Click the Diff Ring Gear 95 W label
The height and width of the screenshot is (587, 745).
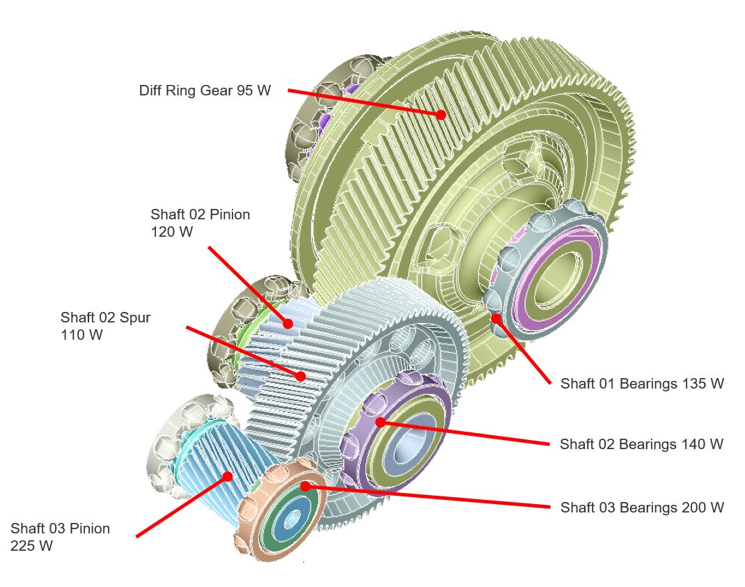coord(205,91)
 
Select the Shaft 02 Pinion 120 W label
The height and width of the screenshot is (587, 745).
coord(200,223)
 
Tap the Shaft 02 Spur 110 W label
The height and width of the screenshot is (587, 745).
coord(105,326)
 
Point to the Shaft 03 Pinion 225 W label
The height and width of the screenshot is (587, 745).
coord(60,537)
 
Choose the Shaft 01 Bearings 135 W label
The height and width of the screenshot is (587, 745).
coord(642,384)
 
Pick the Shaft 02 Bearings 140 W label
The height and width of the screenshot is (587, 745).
coord(641,444)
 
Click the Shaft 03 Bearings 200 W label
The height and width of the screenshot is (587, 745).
coord(642,508)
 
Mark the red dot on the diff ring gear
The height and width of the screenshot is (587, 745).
coord(441,114)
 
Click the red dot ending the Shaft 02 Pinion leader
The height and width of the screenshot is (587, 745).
coord(287,323)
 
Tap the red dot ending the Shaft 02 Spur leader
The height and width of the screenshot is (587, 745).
coord(301,376)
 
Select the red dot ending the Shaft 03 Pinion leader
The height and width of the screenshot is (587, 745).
coord(227,476)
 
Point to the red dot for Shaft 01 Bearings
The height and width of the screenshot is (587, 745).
coord(496,318)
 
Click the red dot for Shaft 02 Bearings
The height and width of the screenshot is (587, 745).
coord(380,422)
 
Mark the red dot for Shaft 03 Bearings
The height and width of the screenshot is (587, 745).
coord(305,487)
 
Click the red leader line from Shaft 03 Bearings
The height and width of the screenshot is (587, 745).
coord(432,497)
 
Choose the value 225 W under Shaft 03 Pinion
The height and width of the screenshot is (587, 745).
coord(31,546)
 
